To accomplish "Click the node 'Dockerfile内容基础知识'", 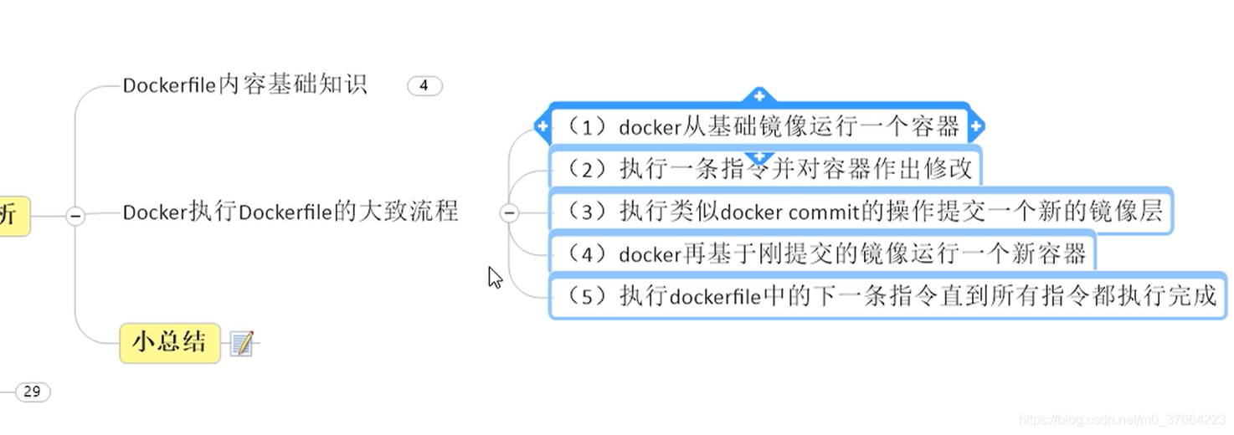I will click(x=244, y=85).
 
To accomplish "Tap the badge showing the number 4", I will click(x=424, y=85).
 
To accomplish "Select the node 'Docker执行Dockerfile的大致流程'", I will click(x=291, y=212).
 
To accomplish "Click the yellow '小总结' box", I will click(x=170, y=342).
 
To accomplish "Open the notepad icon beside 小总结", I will click(x=242, y=343).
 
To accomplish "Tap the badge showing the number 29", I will click(x=33, y=391).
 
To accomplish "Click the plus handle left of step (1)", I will click(x=542, y=127).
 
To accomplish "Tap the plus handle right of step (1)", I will click(x=975, y=127).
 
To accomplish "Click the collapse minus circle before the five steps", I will click(x=509, y=213).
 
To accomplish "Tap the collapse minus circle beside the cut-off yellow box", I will click(x=75, y=216).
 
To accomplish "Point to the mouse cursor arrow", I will click(x=495, y=277).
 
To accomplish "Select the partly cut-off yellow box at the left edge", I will click(x=12, y=216).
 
